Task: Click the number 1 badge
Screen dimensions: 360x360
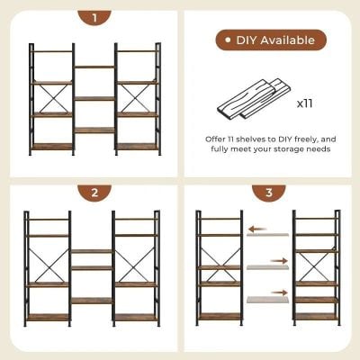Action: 94,17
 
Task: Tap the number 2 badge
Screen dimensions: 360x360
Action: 94,193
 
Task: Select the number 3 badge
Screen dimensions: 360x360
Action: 267,193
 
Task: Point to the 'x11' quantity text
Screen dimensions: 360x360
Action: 305,104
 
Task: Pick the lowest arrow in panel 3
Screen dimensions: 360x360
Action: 280,292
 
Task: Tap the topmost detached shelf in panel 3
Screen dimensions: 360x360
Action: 268,236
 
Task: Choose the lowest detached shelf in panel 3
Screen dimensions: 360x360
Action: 268,300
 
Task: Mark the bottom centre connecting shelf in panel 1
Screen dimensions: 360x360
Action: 94,130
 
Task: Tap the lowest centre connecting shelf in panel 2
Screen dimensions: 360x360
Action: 92,301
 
